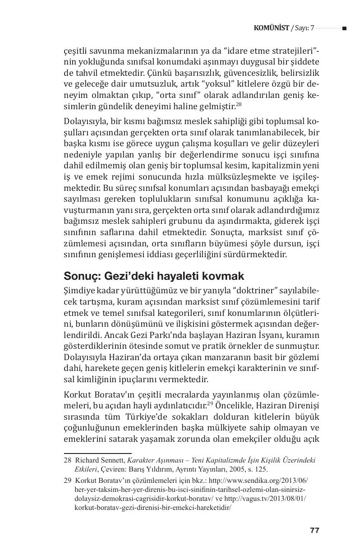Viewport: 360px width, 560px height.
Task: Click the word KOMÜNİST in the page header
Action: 272,28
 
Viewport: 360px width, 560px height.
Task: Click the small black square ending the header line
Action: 344,28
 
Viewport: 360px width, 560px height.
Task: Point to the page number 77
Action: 314,530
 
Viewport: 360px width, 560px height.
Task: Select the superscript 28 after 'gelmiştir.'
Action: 239,104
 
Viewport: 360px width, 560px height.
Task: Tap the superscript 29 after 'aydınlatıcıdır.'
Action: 210,401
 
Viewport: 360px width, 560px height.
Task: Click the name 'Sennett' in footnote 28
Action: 112,460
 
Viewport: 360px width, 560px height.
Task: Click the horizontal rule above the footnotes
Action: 97,453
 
